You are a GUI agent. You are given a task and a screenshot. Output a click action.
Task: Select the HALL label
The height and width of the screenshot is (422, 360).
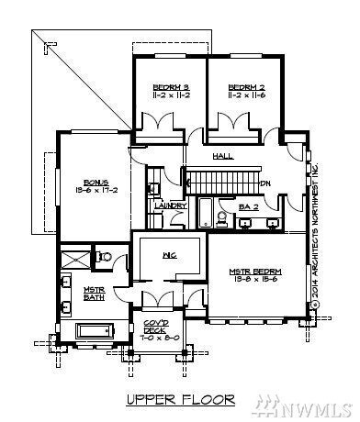[x=223, y=157]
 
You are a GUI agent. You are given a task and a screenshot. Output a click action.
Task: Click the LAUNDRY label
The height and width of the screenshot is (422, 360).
[x=171, y=205]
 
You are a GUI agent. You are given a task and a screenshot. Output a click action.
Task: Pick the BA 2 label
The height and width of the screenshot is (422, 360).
[x=247, y=208]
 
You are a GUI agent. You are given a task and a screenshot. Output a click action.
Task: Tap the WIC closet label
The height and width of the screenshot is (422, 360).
[x=169, y=254]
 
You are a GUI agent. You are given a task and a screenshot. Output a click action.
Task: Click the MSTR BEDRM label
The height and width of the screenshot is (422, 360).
[x=255, y=272]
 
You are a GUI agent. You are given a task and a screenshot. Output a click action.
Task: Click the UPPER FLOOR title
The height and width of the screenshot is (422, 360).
[x=180, y=399]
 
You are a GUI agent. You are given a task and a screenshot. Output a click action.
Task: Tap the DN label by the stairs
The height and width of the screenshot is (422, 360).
[x=264, y=183]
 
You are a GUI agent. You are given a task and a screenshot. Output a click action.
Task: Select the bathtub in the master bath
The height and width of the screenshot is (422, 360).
[x=95, y=331]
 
